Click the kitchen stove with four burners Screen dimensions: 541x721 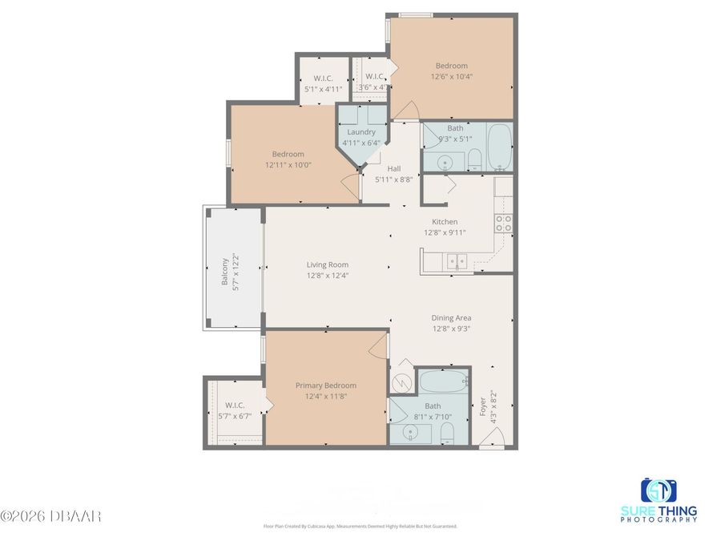coord(504,224)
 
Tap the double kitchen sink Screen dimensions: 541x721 coord(457,260)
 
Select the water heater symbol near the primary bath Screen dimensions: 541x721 coord(402,382)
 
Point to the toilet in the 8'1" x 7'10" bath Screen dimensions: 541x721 coord(448,434)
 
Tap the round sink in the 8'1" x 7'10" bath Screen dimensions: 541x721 coord(410,434)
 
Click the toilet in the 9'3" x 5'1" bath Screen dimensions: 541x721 coord(473,157)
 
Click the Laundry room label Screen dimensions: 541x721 coord(361,132)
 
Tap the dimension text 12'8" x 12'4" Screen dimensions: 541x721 coord(327,276)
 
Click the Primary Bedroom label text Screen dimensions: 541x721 coord(325,386)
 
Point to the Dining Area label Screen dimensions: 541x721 coord(451,318)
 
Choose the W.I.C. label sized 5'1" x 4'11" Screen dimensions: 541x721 coord(323,89)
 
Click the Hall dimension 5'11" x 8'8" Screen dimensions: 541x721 coord(393,180)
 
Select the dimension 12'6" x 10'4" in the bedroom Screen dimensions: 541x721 coord(451,77)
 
